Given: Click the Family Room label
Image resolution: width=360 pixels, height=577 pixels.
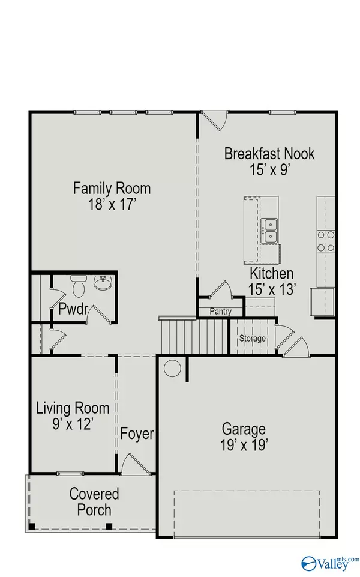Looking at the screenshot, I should tap(112, 188).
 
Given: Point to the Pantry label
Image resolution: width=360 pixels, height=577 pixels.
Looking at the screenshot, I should tap(220, 312).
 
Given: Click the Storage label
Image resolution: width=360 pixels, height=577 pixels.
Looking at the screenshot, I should tap(253, 339).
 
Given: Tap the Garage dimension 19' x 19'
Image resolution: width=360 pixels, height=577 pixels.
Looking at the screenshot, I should tap(244, 445).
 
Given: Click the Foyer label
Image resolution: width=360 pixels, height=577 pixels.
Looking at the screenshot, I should tap(137, 434).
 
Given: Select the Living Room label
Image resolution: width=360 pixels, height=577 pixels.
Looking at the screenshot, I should tap(73, 409).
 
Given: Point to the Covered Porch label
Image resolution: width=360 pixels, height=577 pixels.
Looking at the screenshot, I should tap(94, 502).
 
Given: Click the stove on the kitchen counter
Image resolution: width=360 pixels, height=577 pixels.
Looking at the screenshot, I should tap(325, 241).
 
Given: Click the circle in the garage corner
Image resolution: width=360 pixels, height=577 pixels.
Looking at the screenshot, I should tap(173, 368).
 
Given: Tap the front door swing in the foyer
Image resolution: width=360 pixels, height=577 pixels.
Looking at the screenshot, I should tap(131, 464).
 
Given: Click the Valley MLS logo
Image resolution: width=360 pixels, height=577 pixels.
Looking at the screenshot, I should tap(328, 562).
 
